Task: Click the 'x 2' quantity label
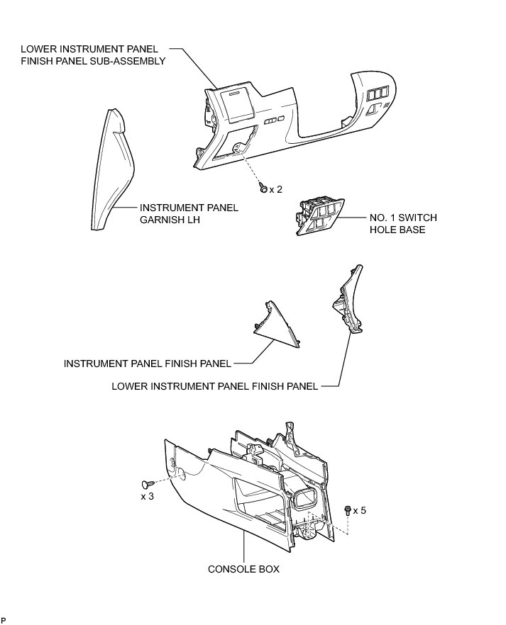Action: pyautogui.click(x=276, y=189)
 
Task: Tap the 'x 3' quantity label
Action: pyautogui.click(x=148, y=496)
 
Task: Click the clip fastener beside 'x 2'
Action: pyautogui.click(x=263, y=188)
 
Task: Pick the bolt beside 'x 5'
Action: pyautogui.click(x=346, y=509)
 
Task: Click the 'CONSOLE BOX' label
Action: pyautogui.click(x=243, y=569)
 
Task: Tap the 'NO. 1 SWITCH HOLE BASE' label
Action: pyautogui.click(x=402, y=224)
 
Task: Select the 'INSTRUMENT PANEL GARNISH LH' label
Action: pyautogui.click(x=189, y=213)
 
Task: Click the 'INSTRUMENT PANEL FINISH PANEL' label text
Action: pyautogui.click(x=148, y=364)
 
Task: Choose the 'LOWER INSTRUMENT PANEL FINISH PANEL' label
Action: pyautogui.click(x=215, y=387)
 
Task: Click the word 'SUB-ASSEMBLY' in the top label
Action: pyautogui.click(x=132, y=61)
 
